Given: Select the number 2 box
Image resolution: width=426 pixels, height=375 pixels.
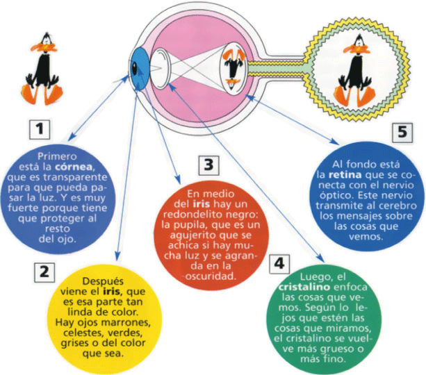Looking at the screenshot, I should [44, 271].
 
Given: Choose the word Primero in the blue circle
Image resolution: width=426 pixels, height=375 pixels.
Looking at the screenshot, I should [57, 156].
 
